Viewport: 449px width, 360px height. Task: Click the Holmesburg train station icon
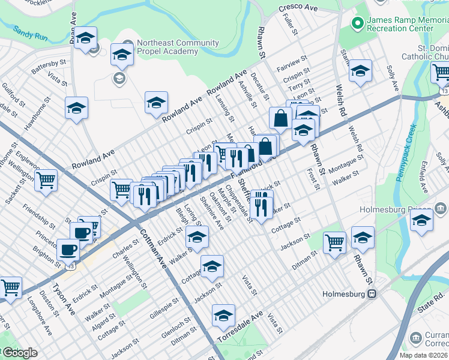373,294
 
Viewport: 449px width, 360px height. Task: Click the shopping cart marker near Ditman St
334,242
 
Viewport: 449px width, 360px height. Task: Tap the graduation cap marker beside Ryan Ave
86,39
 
